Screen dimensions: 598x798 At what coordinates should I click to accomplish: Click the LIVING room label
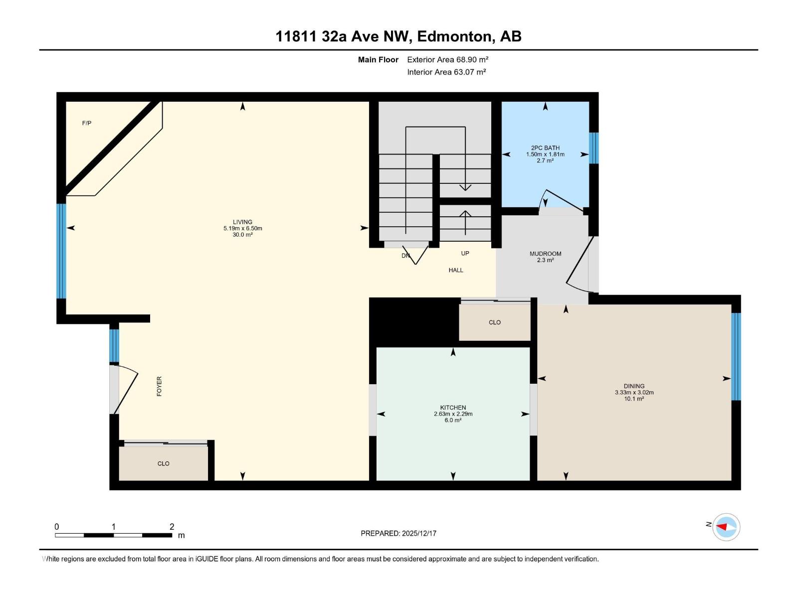pyautogui.click(x=242, y=222)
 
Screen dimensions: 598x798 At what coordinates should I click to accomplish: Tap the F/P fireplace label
pyautogui.click(x=87, y=123)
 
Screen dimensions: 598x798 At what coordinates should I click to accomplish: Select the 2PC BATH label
pyautogui.click(x=545, y=148)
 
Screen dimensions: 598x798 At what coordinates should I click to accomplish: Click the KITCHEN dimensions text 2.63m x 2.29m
pyautogui.click(x=453, y=414)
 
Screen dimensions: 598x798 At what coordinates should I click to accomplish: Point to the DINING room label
pyautogui.click(x=634, y=386)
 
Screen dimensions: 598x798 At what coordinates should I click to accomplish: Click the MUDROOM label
pyautogui.click(x=545, y=254)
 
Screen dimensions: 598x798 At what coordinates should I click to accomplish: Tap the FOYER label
pyautogui.click(x=160, y=386)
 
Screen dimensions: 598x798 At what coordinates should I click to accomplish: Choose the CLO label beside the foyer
pyautogui.click(x=164, y=463)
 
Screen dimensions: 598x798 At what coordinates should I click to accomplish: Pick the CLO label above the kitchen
pyautogui.click(x=495, y=322)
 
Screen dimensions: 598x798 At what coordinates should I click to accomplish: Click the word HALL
pyautogui.click(x=456, y=270)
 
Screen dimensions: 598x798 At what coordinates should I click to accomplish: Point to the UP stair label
pyautogui.click(x=465, y=253)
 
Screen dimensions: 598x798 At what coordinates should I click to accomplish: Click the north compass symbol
pyautogui.click(x=726, y=527)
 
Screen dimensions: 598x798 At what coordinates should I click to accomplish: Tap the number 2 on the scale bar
pyautogui.click(x=172, y=527)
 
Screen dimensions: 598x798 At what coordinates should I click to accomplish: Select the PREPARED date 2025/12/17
pyautogui.click(x=418, y=533)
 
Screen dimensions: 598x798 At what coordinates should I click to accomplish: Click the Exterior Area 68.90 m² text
pyautogui.click(x=447, y=59)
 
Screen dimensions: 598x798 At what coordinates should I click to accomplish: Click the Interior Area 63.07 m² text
pyautogui.click(x=446, y=72)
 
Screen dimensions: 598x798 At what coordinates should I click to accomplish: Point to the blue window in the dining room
pyautogui.click(x=736, y=356)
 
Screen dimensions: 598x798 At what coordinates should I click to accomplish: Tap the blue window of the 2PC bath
pyautogui.click(x=594, y=148)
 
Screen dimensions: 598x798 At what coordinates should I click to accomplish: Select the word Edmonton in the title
pyautogui.click(x=454, y=36)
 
